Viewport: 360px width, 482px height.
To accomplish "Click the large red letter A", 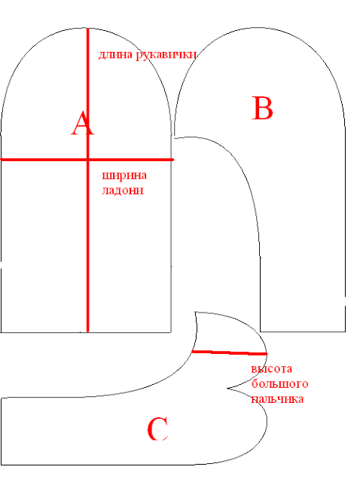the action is (x=82, y=124).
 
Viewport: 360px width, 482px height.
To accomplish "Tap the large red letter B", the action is (x=262, y=108).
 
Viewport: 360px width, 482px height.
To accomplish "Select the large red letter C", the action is (x=157, y=429).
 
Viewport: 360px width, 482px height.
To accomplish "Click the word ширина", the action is (x=124, y=175).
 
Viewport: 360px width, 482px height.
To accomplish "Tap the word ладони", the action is (x=123, y=191).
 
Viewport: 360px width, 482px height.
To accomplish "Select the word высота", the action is (x=271, y=368).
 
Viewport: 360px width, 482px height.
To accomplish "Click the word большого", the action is (x=279, y=383).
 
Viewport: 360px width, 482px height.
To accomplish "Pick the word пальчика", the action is (x=277, y=398).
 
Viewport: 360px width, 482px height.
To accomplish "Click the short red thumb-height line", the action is (x=230, y=352).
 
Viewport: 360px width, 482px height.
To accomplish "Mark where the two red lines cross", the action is (x=88, y=160).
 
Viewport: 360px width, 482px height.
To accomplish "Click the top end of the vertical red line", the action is (x=88, y=29).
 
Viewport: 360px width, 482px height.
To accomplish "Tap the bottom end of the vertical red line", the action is (x=88, y=331).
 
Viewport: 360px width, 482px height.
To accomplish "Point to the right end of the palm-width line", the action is (x=172, y=160).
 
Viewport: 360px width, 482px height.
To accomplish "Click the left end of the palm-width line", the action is (x=1, y=160).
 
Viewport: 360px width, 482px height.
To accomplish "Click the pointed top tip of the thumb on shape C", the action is (x=195, y=313).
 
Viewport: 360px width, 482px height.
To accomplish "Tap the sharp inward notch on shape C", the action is (x=227, y=389).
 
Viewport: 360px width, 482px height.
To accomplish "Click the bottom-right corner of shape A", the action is (x=171, y=332).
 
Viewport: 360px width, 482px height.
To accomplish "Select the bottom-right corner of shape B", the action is (x=345, y=331).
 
